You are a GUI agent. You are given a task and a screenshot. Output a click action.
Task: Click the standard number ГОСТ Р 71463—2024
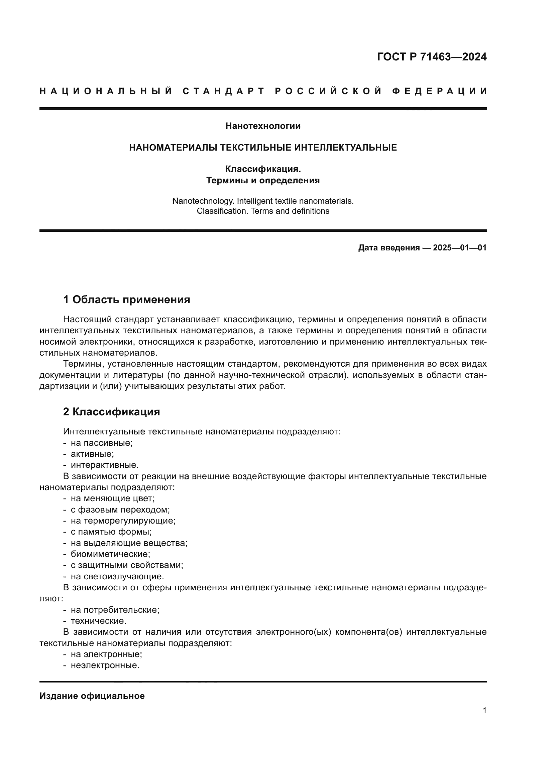[x=431, y=57]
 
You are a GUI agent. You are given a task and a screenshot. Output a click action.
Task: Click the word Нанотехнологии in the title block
[x=263, y=126]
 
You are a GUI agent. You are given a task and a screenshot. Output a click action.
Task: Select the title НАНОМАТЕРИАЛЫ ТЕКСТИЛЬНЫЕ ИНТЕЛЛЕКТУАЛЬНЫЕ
[x=263, y=148]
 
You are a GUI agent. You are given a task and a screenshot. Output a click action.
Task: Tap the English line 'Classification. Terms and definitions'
[x=263, y=211]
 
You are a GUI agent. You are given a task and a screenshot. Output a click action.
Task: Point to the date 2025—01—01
[x=460, y=248]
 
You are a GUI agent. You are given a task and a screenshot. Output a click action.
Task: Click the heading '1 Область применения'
[x=126, y=300]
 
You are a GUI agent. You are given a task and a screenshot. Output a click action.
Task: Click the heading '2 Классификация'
[x=111, y=412]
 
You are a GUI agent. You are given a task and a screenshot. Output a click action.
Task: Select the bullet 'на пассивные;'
[x=102, y=443]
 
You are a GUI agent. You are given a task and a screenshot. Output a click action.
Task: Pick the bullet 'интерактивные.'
[x=105, y=465]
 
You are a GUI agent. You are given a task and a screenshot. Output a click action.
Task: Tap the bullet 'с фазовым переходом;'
[x=120, y=510]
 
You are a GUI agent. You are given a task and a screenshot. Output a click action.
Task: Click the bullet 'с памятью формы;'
[x=111, y=532]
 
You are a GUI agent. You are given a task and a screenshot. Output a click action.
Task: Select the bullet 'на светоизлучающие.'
[x=117, y=576]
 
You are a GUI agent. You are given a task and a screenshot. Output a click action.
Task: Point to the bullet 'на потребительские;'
[x=115, y=610]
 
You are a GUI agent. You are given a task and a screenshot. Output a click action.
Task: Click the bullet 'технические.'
[x=98, y=621]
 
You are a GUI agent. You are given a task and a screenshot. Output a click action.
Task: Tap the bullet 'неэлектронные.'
[x=105, y=665]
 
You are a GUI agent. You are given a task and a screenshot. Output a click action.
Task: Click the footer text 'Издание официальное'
[x=92, y=696]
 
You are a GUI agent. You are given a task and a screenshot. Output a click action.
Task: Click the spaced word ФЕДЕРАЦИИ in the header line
[x=440, y=91]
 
